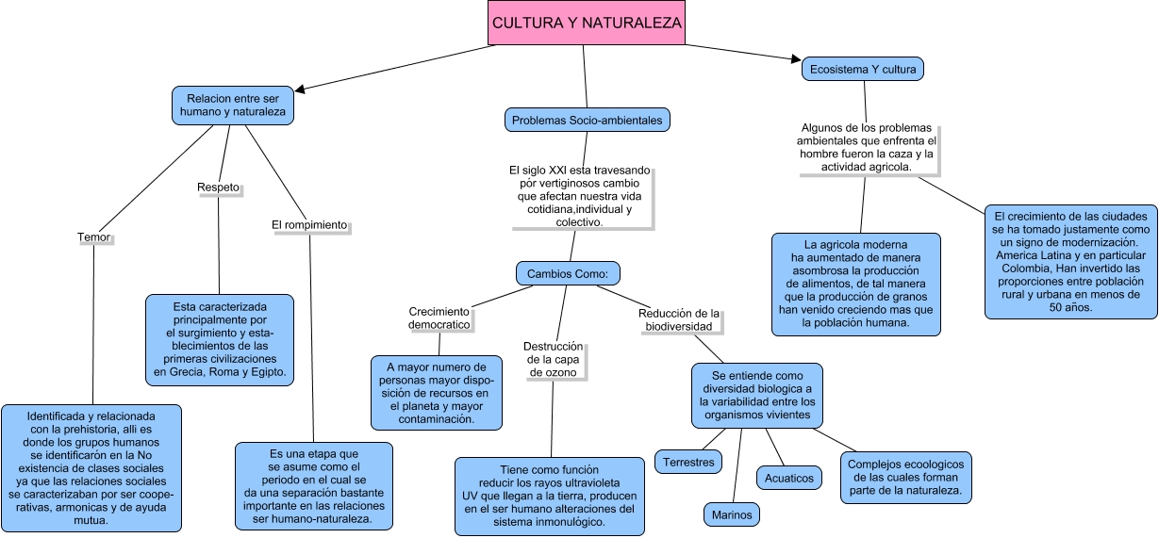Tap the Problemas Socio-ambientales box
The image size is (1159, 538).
pyautogui.click(x=587, y=121)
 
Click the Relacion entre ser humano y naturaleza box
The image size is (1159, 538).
pyautogui.click(x=232, y=106)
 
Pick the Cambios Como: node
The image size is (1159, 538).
pyautogui.click(x=568, y=273)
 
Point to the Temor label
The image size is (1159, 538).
pyautogui.click(x=93, y=238)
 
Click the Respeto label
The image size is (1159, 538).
pyautogui.click(x=218, y=187)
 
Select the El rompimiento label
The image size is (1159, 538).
pyautogui.click(x=309, y=225)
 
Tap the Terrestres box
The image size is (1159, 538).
pyautogui.click(x=688, y=462)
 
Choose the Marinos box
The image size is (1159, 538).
pyautogui.click(x=732, y=514)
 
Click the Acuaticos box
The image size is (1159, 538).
pyautogui.click(x=789, y=478)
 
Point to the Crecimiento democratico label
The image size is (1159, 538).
pyautogui.click(x=439, y=318)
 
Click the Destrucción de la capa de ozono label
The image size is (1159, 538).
pyautogui.click(x=554, y=359)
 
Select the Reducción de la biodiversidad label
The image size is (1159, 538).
pyautogui.click(x=679, y=319)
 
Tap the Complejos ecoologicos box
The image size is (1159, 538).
pyautogui.click(x=905, y=478)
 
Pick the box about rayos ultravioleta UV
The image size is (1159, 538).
pyautogui.click(x=550, y=496)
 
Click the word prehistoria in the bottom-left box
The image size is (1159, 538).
pyautogui.click(x=107, y=429)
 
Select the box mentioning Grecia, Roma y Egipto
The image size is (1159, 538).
pyautogui.click(x=220, y=340)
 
